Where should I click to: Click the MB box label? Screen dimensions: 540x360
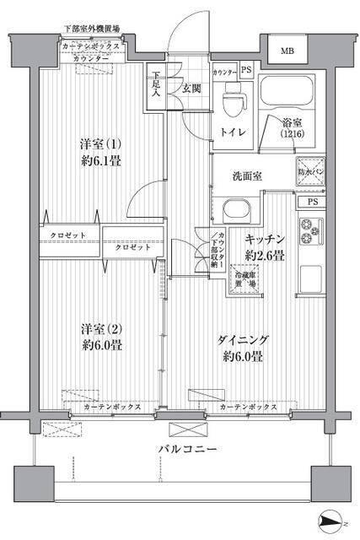[288, 52]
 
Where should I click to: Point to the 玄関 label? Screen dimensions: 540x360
[190, 88]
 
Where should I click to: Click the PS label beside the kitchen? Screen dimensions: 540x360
[312, 202]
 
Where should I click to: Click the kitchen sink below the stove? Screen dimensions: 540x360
[309, 275]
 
